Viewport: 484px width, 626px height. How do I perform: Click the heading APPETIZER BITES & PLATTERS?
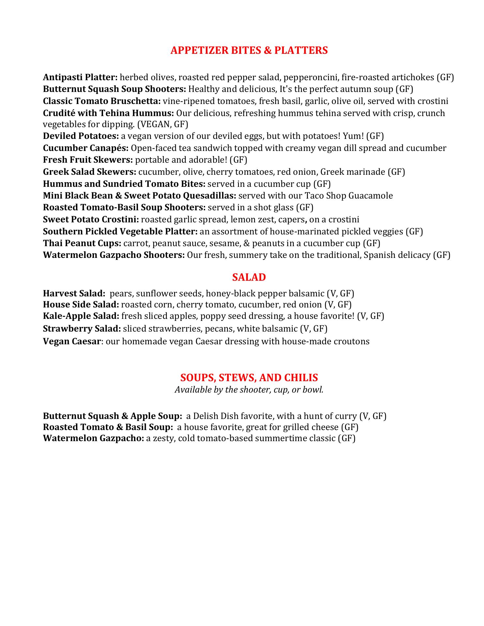pos(249,50)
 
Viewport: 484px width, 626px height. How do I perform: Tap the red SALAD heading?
pos(249,277)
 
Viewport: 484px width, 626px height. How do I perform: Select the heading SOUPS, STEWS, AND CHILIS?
pos(249,378)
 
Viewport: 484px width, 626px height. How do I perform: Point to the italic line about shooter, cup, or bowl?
pos(249,389)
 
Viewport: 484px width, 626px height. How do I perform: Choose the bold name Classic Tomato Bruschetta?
pos(102,101)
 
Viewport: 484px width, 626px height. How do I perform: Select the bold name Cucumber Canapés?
pos(86,148)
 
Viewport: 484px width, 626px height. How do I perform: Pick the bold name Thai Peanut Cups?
pos(82,243)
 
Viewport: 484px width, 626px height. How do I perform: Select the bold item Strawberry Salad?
pos(82,329)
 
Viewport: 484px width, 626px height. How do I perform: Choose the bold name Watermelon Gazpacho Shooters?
pos(114,255)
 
